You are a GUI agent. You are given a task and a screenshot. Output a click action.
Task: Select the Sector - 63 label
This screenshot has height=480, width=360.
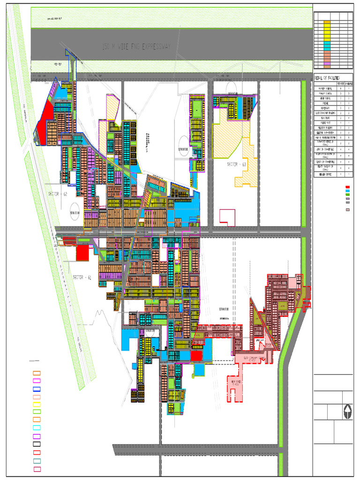pos(236,165)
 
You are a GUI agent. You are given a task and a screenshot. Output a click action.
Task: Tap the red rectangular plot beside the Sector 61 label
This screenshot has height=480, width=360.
pos(82,253)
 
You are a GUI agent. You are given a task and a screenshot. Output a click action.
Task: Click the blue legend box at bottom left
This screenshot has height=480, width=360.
pos(37,390)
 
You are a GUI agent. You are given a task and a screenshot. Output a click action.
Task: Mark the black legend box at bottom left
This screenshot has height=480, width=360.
pos(37,444)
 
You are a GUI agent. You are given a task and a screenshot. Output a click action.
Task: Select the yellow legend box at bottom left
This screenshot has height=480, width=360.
pos(37,405)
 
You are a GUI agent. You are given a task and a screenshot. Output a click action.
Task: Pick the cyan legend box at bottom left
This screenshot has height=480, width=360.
pos(37,428)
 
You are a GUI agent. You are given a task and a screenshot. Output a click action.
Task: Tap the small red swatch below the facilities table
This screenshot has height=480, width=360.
pos(347,187)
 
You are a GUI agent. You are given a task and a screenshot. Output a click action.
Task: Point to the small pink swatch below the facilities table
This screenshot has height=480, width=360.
pos(347,210)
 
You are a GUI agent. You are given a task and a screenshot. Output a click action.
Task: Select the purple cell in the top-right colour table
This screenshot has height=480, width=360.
pos(327,62)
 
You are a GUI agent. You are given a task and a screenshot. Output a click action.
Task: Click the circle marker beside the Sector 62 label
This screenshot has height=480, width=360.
pos(75,211)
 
